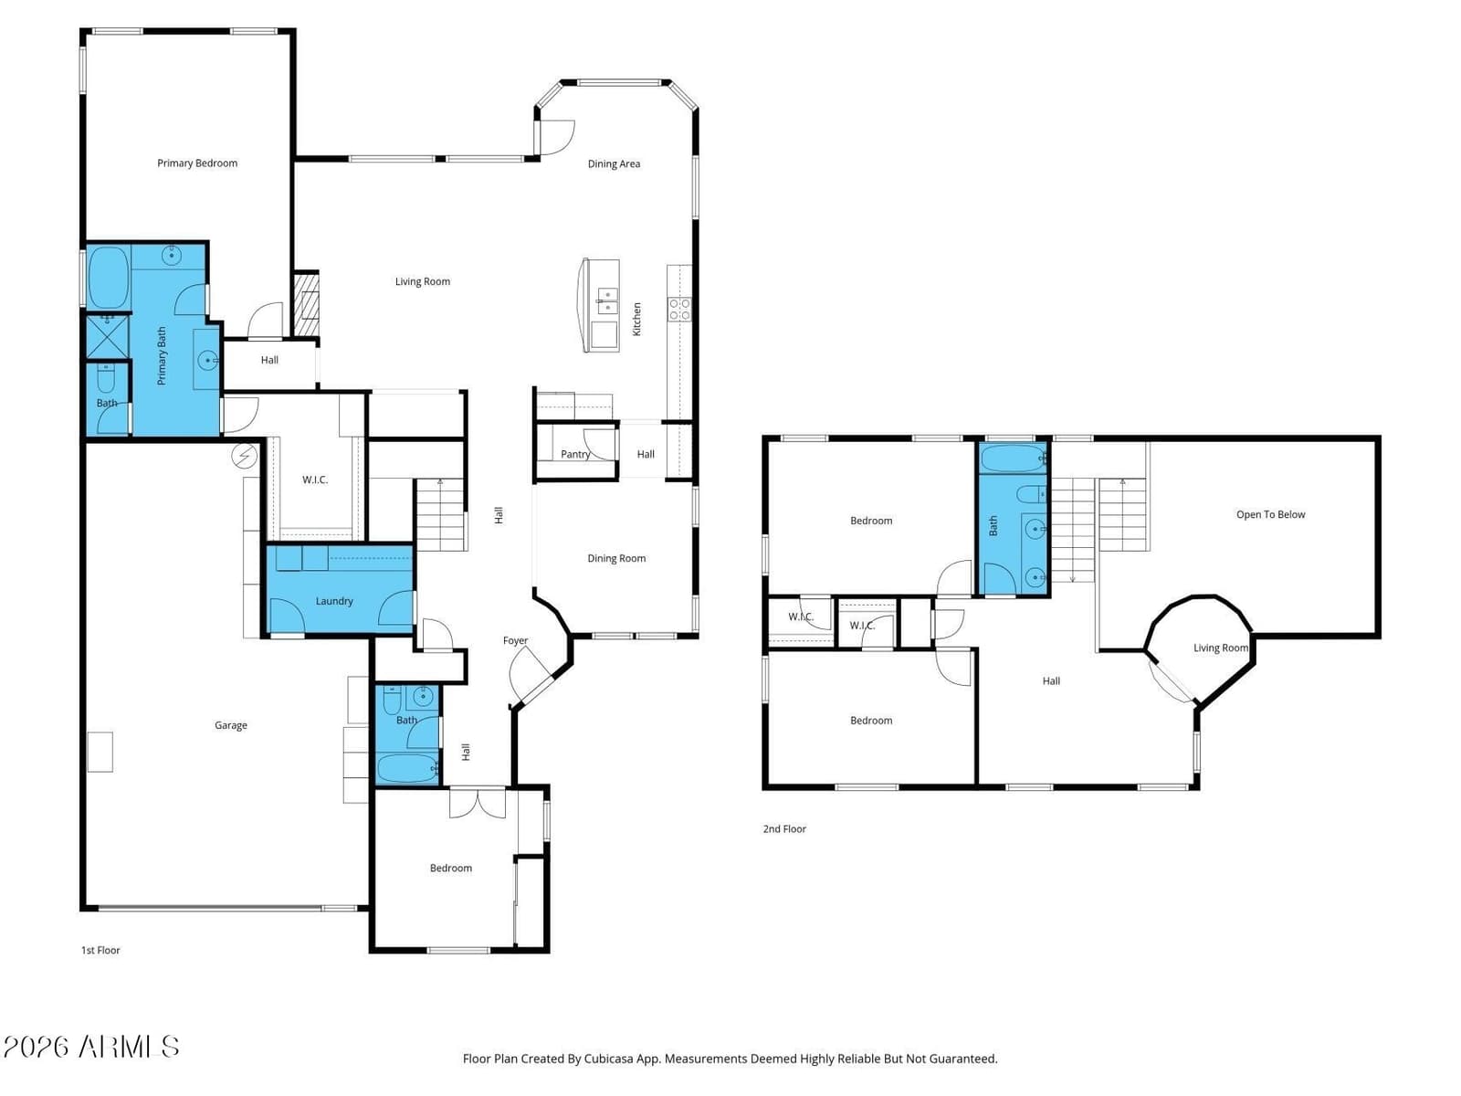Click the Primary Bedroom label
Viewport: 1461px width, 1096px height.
point(197,163)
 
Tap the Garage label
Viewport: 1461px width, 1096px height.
point(230,725)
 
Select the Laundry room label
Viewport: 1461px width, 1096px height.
point(334,601)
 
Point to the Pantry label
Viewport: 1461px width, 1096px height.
point(575,454)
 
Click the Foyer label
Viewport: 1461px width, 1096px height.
point(515,640)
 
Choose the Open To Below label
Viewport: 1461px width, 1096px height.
point(1271,514)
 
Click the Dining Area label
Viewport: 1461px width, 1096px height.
point(614,163)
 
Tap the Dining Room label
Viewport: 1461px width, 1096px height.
point(616,558)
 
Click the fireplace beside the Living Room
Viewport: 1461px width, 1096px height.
point(307,303)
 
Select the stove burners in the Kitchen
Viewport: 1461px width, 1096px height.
point(679,310)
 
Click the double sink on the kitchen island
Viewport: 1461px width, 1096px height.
point(607,300)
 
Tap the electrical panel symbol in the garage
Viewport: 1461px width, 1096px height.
point(245,456)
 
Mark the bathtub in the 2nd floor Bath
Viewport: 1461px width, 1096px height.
point(1013,458)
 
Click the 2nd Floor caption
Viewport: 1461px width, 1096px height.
point(784,828)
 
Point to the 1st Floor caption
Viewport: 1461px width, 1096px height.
point(100,950)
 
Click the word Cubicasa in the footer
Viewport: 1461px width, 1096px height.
point(608,1059)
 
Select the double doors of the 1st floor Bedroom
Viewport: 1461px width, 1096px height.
point(478,803)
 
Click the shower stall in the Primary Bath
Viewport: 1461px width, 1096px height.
point(108,337)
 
